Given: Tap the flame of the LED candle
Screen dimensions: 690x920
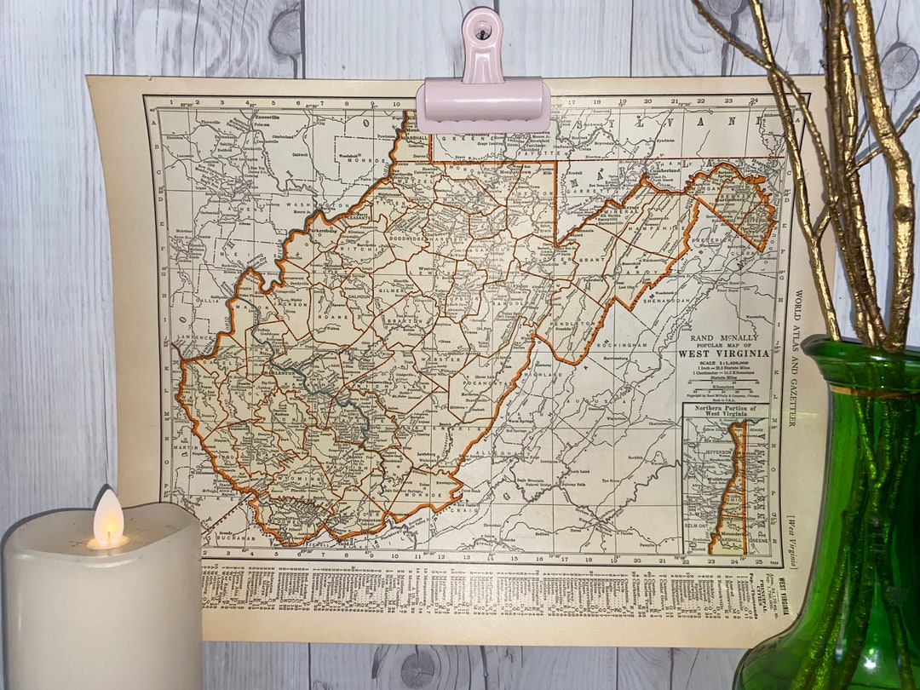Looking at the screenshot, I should (107, 519).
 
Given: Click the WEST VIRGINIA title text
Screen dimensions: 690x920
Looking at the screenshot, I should (723, 354).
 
